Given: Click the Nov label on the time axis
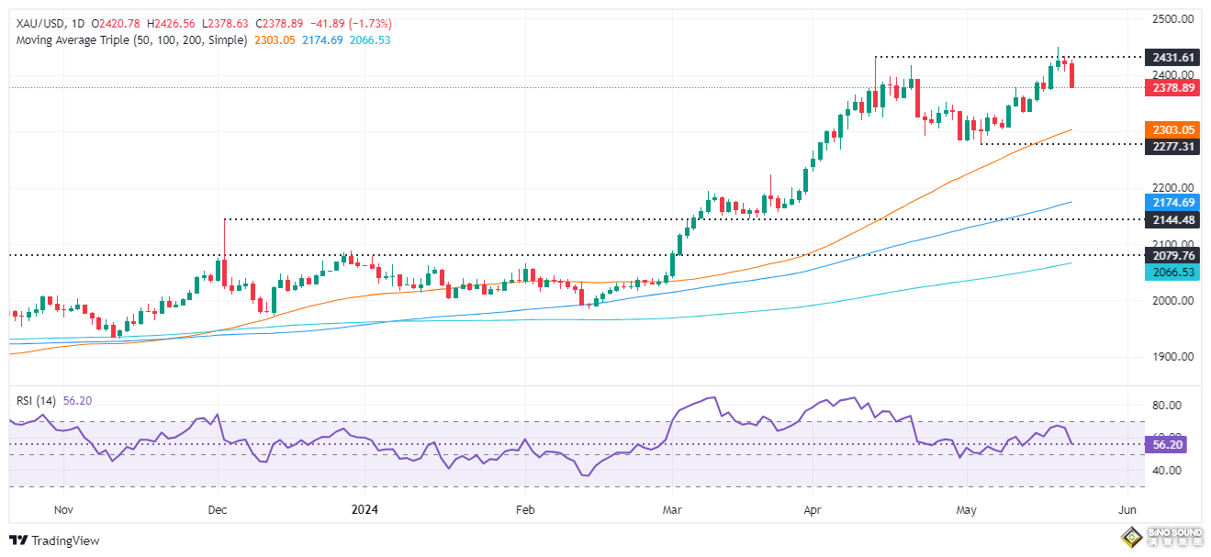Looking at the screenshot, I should click(x=62, y=509).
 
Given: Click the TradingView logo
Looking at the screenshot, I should click(x=54, y=540).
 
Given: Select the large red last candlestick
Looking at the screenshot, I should click(x=1072, y=75).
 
